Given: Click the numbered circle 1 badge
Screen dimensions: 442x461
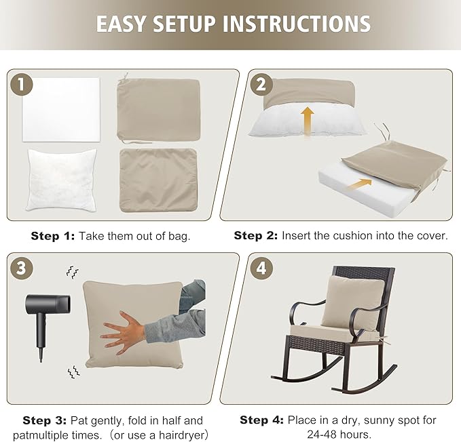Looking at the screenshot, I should [22, 85].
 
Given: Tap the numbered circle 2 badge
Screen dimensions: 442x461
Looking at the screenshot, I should [260, 85].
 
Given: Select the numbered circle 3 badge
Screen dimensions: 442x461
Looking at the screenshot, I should [22, 268].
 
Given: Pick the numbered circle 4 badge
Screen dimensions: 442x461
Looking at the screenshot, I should [260, 268].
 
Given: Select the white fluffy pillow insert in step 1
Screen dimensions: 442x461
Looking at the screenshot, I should [62, 178].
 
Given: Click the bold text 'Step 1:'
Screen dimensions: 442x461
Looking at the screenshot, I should [53, 236].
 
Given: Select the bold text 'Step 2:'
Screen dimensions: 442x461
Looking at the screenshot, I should [256, 236].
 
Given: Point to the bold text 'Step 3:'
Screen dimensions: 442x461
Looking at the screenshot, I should [45, 420].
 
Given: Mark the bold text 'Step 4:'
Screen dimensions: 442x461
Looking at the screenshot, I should [262, 420].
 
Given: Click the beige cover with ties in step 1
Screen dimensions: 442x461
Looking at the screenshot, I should [158, 108].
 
